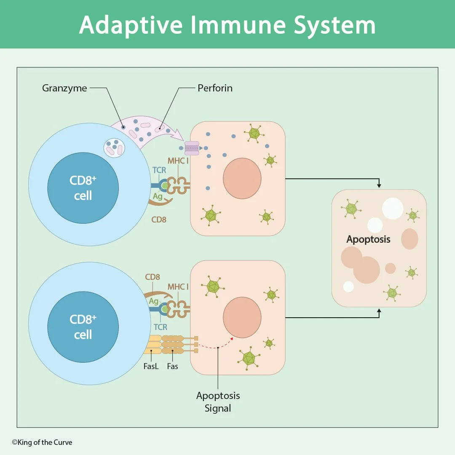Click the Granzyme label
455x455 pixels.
(x=64, y=88)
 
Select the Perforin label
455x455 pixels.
(x=215, y=88)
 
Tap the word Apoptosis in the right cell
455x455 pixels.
(x=368, y=239)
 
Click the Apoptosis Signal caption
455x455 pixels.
(x=218, y=402)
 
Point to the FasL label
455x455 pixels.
(x=151, y=366)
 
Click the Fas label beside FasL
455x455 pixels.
(x=172, y=366)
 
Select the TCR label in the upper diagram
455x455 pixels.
(x=160, y=170)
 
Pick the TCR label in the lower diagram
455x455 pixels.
(x=160, y=327)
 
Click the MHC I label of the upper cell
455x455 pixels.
(x=178, y=161)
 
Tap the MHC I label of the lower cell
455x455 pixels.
(x=178, y=287)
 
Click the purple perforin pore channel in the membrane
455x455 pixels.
(x=192, y=148)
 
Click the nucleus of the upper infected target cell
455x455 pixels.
(x=242, y=178)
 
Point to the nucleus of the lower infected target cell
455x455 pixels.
(x=242, y=317)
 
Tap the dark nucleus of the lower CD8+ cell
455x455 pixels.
(x=83, y=327)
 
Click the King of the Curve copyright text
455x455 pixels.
(x=42, y=442)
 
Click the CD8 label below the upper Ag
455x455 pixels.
(x=159, y=219)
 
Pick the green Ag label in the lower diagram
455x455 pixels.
(x=153, y=301)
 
